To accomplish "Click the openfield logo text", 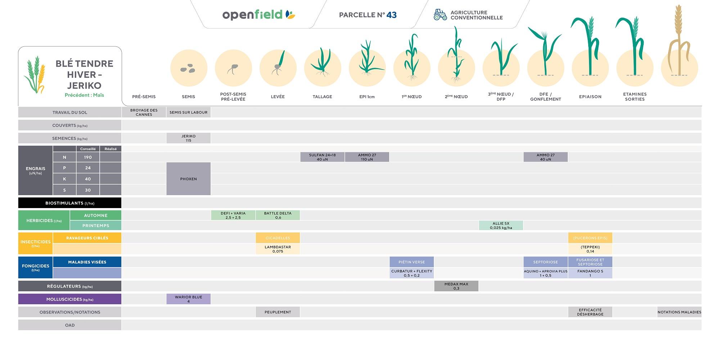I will (x=252, y=15).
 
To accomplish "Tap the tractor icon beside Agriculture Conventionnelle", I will (x=440, y=15).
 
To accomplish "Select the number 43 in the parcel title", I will (x=391, y=15).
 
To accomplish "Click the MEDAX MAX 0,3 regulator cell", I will (x=456, y=286).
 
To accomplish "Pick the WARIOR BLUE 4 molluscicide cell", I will (x=188, y=299).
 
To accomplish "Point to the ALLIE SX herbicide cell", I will (x=501, y=226).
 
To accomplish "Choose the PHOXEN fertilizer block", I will (x=188, y=179).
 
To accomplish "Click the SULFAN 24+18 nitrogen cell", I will (x=322, y=157).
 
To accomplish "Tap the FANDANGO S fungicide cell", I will (x=590, y=273).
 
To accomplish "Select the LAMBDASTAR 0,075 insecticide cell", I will (x=278, y=249).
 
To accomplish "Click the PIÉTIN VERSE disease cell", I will (x=411, y=262).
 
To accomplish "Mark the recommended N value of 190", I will (x=88, y=157).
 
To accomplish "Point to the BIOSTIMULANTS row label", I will (x=69, y=203).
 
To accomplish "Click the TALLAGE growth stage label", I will (x=322, y=96).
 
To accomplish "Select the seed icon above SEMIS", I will (x=188, y=68).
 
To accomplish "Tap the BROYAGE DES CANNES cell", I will (x=144, y=112).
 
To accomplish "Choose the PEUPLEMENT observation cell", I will (x=278, y=312).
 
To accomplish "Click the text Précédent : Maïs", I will (x=84, y=95).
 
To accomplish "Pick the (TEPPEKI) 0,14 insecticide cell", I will (x=590, y=249).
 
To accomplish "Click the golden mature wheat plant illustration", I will (x=679, y=43).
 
